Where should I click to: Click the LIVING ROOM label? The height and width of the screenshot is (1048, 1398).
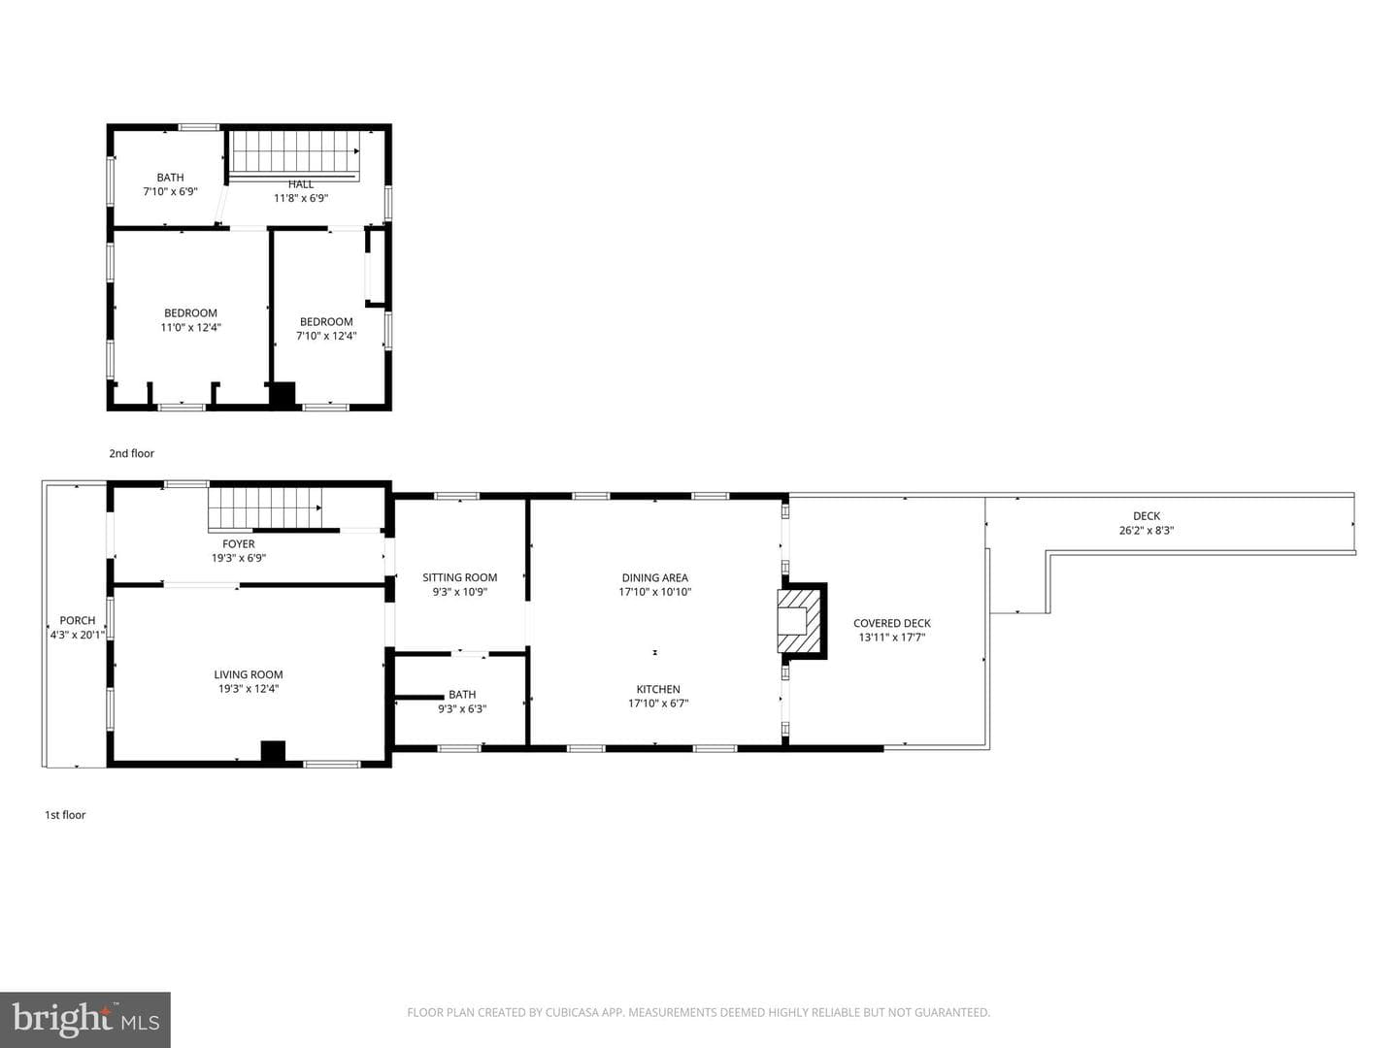pyautogui.click(x=249, y=674)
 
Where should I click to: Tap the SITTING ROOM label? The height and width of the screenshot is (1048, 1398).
pyautogui.click(x=460, y=577)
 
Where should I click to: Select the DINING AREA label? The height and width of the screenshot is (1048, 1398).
pyautogui.click(x=654, y=577)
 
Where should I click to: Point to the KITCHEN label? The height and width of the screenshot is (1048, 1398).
pyautogui.click(x=658, y=689)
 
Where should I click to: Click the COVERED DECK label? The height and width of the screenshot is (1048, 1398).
pyautogui.click(x=891, y=623)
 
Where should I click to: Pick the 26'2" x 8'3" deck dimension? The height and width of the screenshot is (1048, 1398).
pyautogui.click(x=1147, y=530)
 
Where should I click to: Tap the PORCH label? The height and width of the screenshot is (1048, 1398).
pyautogui.click(x=78, y=620)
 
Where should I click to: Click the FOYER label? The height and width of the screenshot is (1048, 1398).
pyautogui.click(x=238, y=544)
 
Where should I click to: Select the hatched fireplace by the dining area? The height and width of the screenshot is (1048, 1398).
pyautogui.click(x=799, y=620)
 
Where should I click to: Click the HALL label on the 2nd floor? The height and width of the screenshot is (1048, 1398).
pyautogui.click(x=301, y=184)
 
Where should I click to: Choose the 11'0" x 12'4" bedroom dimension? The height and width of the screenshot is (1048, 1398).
pyautogui.click(x=190, y=328)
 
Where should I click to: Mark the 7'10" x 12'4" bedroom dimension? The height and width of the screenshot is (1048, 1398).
pyautogui.click(x=326, y=336)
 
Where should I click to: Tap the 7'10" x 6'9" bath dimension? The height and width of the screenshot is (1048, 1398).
pyautogui.click(x=170, y=191)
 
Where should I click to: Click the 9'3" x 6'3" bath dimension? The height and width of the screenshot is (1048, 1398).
pyautogui.click(x=462, y=708)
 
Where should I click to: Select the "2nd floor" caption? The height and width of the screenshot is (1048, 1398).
pyautogui.click(x=131, y=453)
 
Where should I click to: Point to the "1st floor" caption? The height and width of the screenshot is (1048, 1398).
pyautogui.click(x=65, y=814)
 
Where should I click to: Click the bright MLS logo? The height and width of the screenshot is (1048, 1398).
pyautogui.click(x=84, y=1019)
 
